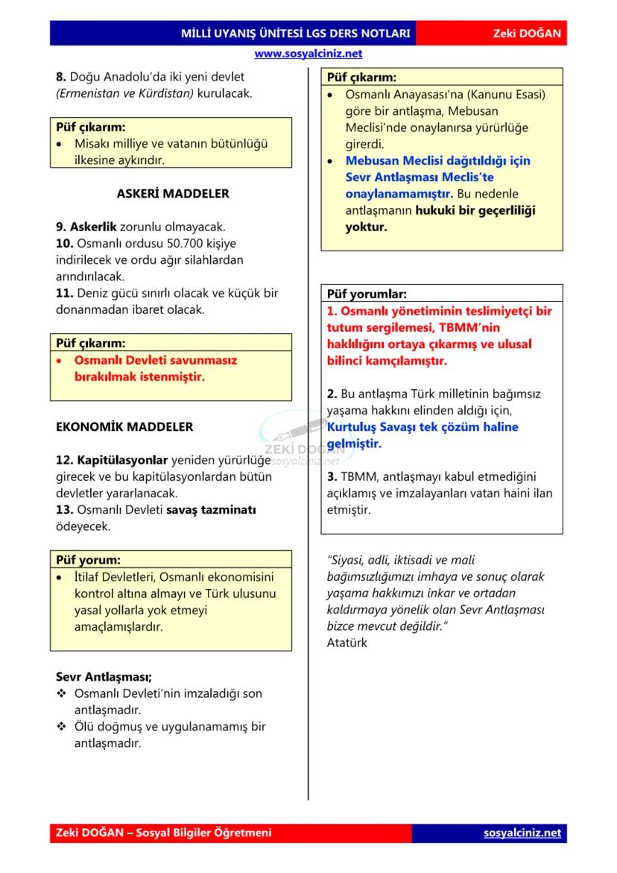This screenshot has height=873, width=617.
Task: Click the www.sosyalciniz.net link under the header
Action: pos(308,54)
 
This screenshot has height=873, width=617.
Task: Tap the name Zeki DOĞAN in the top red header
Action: pos(526,34)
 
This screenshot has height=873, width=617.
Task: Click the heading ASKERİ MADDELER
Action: pos(173,193)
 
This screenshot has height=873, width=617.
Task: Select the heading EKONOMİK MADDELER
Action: pos(124,427)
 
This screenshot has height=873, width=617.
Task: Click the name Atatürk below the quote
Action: pos(347,643)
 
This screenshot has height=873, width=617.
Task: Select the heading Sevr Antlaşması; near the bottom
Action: pos(104,677)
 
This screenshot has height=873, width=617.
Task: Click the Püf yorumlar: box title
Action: pos(367,294)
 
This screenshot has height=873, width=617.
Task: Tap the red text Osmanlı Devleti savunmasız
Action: pos(155,360)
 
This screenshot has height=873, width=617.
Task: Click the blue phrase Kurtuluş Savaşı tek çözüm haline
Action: pos(423,427)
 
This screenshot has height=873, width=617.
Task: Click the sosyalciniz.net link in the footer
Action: pos(522,833)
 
